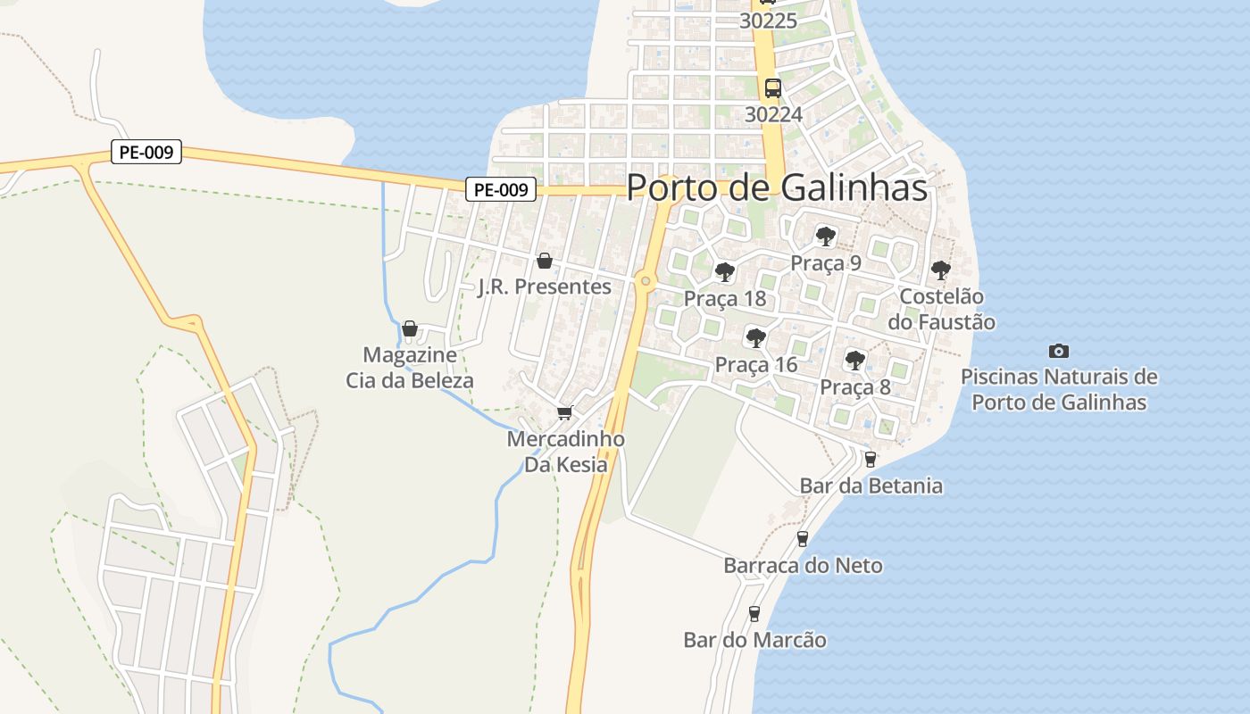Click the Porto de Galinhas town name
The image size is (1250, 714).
point(777,187)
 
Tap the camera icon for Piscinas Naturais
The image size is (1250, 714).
point(1059,351)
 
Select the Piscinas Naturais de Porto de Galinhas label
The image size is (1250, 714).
point(1059,389)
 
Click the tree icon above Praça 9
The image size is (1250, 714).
point(826,237)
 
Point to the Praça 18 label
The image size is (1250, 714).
point(725,298)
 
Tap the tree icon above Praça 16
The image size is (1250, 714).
point(756,337)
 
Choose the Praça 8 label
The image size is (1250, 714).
point(855,387)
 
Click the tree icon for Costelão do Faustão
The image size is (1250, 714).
point(940,270)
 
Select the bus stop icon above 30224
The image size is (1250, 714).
point(773,87)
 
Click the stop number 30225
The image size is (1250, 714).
point(768,21)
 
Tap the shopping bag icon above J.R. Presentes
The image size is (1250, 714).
point(545,261)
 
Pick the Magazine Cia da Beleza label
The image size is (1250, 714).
point(410,368)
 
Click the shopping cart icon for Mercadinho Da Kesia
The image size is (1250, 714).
point(564,412)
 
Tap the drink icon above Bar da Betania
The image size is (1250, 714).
point(871,459)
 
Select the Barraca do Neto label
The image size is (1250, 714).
point(803,565)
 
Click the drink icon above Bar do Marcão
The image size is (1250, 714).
point(754,613)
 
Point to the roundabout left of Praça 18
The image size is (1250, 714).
point(646,282)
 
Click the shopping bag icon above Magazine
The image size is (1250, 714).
point(410,329)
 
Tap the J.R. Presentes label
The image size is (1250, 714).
point(545,286)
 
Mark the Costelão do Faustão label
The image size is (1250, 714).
point(941,309)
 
